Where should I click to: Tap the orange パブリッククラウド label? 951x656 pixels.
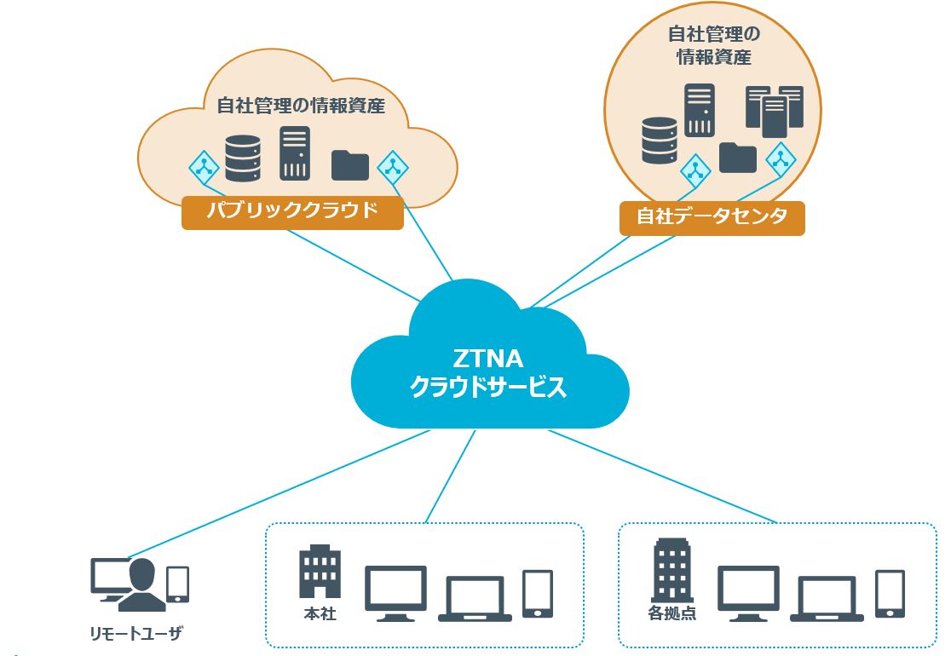pyautogui.click(x=292, y=211)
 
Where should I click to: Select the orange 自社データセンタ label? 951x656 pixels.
pyautogui.click(x=712, y=217)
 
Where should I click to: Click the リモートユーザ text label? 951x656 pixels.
pyautogui.click(x=136, y=633)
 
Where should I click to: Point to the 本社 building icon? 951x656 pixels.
pyautogui.click(x=320, y=572)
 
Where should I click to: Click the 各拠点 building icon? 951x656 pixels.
pyautogui.click(x=671, y=570)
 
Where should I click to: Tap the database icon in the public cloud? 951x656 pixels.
pyautogui.click(x=242, y=158)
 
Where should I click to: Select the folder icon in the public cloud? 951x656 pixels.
pyautogui.click(x=349, y=164)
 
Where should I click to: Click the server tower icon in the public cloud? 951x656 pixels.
pyautogui.click(x=295, y=153)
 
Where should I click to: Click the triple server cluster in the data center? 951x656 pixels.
pyautogui.click(x=774, y=111)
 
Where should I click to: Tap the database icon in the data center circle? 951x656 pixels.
pyautogui.click(x=660, y=141)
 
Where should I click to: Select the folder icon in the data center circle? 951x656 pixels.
pyautogui.click(x=737, y=157)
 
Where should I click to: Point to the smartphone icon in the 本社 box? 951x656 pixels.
pyautogui.click(x=537, y=593)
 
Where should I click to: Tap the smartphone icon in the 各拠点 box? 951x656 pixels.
pyautogui.click(x=890, y=593)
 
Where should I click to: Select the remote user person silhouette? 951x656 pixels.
pyautogui.click(x=142, y=585)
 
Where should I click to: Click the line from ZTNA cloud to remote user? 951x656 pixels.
pyautogui.click(x=281, y=494)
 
